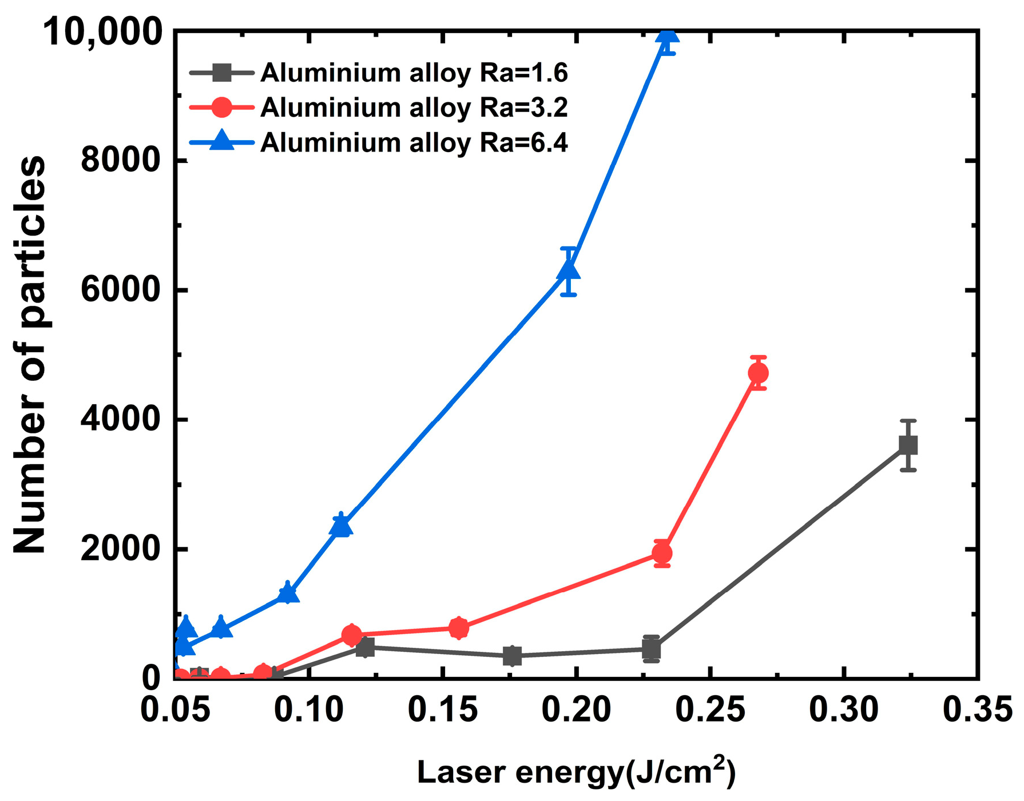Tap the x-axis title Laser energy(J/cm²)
tap(576, 772)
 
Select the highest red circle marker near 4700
tap(758, 373)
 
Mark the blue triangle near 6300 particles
tap(568, 270)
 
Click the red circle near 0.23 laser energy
tap(662, 553)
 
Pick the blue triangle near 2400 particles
tap(341, 525)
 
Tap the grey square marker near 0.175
tap(513, 656)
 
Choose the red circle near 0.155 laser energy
tap(458, 628)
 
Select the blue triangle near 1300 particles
tap(288, 594)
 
